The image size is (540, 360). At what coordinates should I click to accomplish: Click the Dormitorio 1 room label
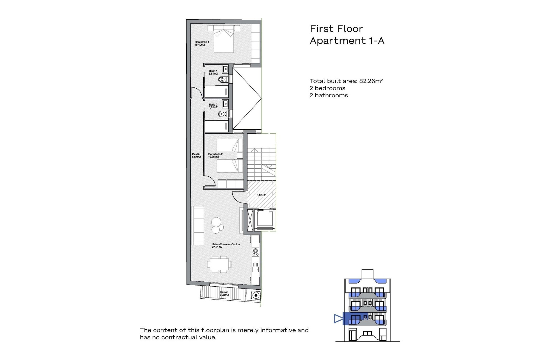202,43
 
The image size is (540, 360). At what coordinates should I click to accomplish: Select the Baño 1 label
213,72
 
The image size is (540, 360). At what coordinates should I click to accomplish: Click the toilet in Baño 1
223,80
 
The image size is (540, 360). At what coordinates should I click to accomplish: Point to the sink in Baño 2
225,103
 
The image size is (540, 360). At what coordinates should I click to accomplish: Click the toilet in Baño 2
223,114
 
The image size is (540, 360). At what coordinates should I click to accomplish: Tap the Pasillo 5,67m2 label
196,156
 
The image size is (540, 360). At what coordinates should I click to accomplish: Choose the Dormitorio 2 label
215,156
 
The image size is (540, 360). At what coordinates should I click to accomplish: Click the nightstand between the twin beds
240,156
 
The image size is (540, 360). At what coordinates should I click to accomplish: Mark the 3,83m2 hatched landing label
261,195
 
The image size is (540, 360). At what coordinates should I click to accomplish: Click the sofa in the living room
198,225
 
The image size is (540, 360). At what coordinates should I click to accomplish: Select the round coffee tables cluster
217,225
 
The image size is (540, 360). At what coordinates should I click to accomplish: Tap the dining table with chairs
220,264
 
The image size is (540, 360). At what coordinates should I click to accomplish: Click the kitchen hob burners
255,252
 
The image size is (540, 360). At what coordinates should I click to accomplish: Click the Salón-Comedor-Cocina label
226,246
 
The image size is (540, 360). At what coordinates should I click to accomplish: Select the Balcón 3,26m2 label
224,293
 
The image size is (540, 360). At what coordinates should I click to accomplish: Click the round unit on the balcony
256,295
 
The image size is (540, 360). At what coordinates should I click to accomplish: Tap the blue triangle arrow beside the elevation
338,319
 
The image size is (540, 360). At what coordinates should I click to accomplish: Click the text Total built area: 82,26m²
346,81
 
